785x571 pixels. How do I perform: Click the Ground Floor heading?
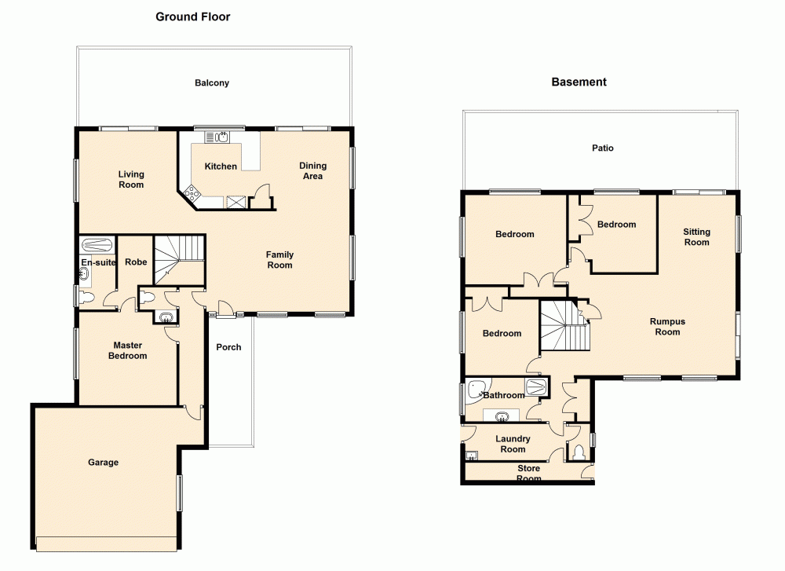(x=192, y=16)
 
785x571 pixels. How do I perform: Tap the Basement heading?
(x=579, y=82)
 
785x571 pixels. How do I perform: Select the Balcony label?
(x=212, y=82)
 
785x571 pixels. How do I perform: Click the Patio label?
(x=603, y=148)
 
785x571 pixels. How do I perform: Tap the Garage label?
(x=103, y=463)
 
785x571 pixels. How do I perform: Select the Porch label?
(x=228, y=347)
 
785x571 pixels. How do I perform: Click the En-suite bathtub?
(x=97, y=244)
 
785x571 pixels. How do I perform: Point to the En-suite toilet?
(x=86, y=297)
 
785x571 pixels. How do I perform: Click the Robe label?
(x=135, y=262)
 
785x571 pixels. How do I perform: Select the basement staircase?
(x=563, y=326)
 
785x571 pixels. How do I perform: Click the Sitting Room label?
(x=696, y=237)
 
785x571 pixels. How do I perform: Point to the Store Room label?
(x=528, y=474)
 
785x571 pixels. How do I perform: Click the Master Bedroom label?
(x=127, y=350)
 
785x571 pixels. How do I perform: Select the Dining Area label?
(x=312, y=171)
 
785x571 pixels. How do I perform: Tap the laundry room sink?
(x=471, y=455)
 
